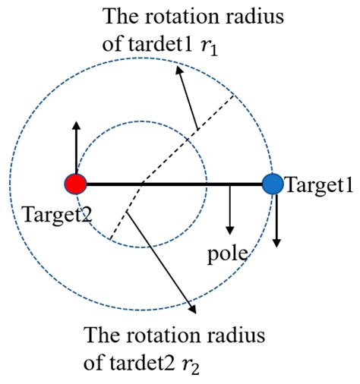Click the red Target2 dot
[x=77, y=184]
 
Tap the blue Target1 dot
[x=272, y=183]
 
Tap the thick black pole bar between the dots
[x=175, y=184]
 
